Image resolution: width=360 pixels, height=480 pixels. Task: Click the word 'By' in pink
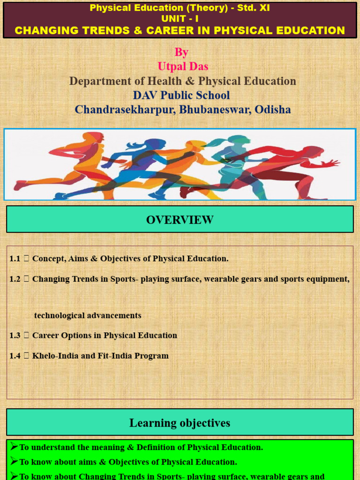pos(181,52)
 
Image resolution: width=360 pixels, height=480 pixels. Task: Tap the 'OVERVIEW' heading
pos(180,219)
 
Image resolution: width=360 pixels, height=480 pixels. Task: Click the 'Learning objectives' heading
pos(180,423)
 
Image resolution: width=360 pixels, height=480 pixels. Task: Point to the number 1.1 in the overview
pos(15,258)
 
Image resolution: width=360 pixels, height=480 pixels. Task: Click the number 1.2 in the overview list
pos(15,279)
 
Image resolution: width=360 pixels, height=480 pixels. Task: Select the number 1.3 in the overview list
pos(15,335)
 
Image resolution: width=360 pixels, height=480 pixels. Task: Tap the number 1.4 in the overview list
pos(15,355)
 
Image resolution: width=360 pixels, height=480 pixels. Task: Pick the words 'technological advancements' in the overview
pos(88,315)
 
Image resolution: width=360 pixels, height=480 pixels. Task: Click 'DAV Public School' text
pos(181,95)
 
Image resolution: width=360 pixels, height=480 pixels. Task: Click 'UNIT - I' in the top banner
pos(180,19)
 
